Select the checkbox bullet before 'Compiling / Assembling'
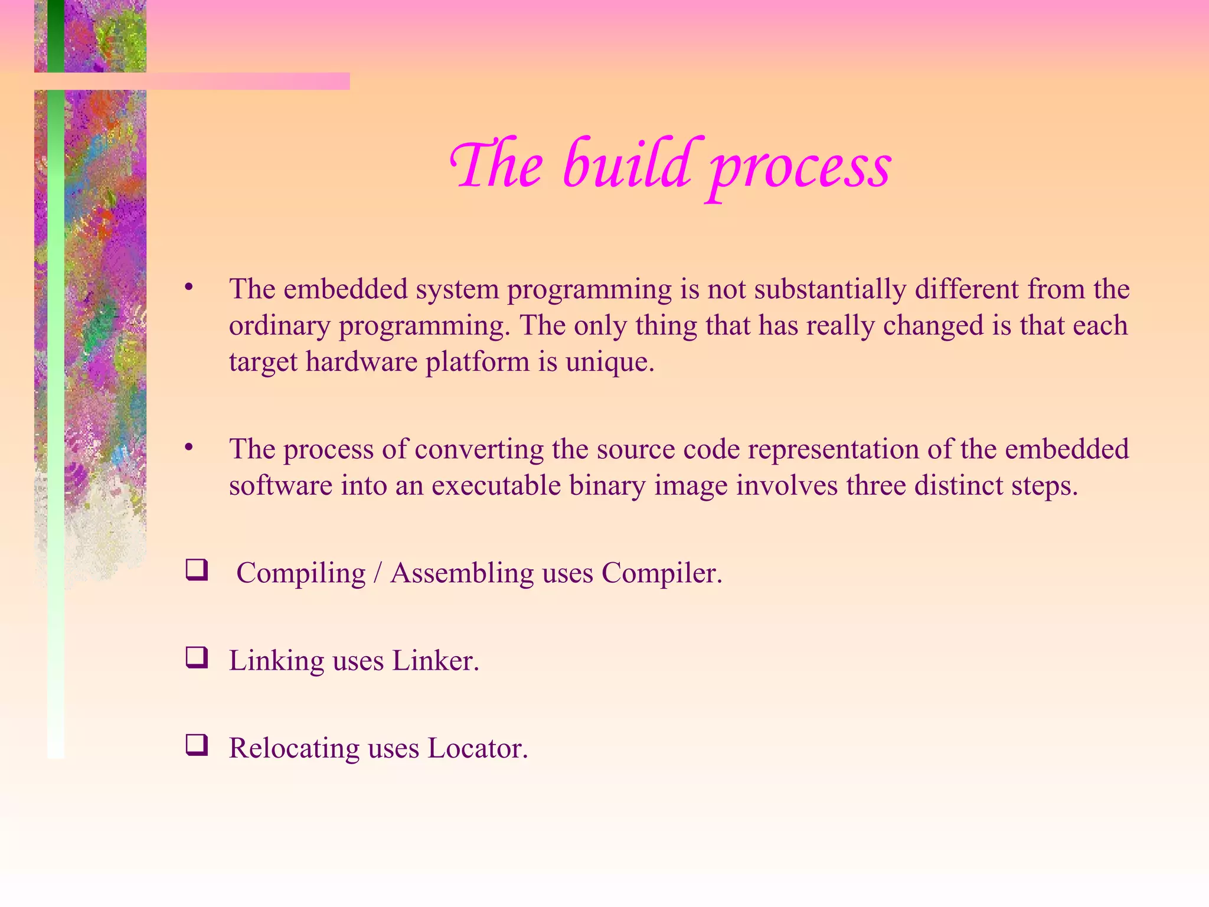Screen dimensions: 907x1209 click(197, 570)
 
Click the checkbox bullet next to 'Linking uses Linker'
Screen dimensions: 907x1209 click(197, 658)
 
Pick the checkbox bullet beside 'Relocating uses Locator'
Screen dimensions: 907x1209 click(197, 745)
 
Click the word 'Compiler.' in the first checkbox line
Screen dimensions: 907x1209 click(662, 573)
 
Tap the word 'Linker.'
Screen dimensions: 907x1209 click(435, 660)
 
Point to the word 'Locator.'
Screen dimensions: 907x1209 click(478, 748)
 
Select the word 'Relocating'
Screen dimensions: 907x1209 click(294, 748)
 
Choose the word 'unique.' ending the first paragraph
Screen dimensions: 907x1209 click(610, 362)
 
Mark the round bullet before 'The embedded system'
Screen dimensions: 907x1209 click(188, 288)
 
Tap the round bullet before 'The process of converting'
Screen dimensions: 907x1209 click(188, 448)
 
